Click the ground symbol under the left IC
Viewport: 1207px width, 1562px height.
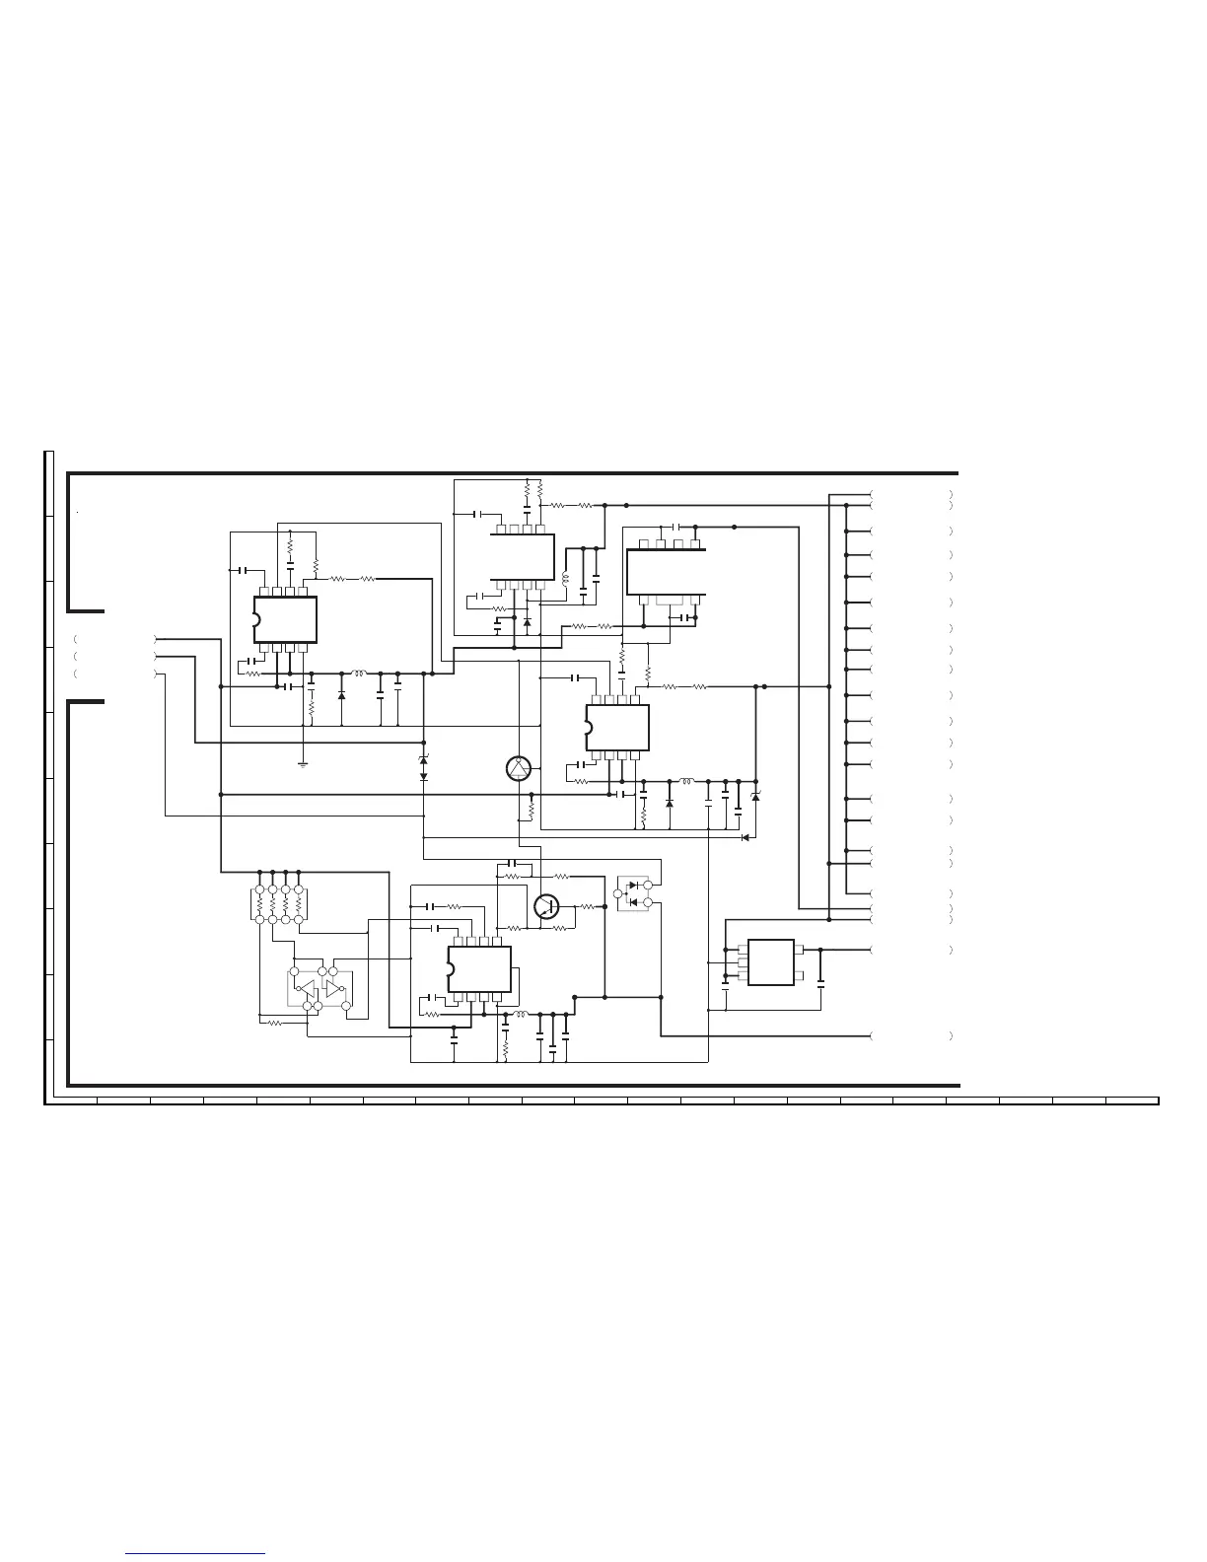[x=304, y=763]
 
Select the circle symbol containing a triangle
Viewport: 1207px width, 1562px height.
[x=520, y=770]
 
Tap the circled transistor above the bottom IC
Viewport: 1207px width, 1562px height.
[x=545, y=906]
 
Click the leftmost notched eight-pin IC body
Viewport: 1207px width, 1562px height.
[x=285, y=619]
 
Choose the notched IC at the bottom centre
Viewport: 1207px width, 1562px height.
[x=479, y=968]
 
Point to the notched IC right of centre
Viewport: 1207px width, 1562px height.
[x=617, y=728]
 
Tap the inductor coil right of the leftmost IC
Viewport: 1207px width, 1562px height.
[x=359, y=674]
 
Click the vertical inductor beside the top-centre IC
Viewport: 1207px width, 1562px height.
[x=566, y=579]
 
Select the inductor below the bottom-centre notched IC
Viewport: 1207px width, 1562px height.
[x=521, y=1013]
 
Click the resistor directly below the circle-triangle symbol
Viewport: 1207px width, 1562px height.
[x=532, y=810]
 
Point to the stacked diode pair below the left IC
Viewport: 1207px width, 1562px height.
[x=423, y=768]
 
